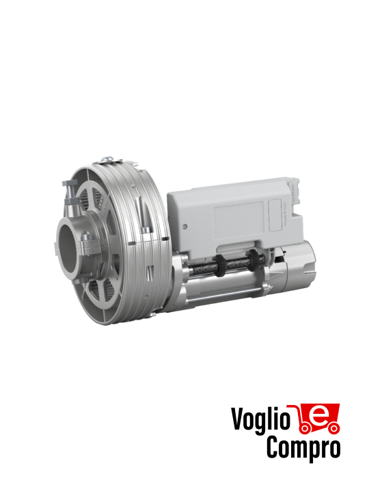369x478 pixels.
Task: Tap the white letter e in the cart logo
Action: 317,415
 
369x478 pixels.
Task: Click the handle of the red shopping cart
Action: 292,408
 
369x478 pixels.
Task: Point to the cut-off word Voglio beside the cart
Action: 256,425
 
